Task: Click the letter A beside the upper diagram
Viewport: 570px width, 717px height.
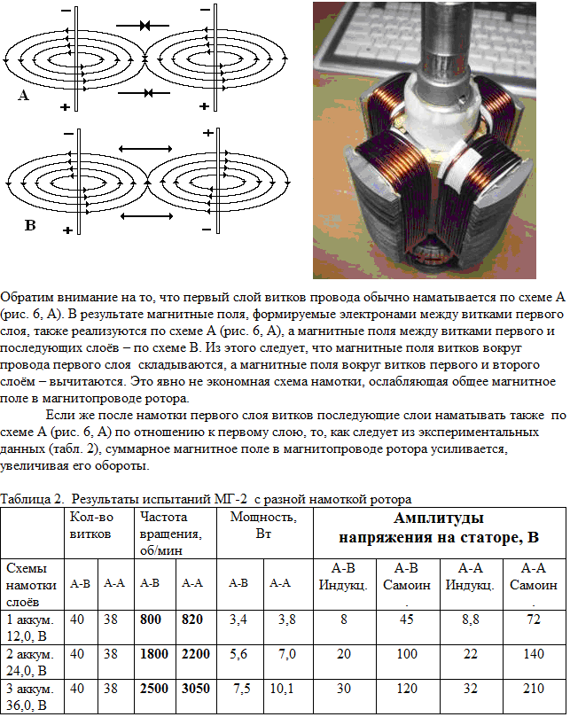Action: (24, 95)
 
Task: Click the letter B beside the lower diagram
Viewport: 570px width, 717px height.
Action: (29, 225)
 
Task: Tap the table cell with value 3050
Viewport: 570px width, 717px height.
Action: (196, 690)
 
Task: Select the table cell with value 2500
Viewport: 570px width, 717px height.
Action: (155, 690)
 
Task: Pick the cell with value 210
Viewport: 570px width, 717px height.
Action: (532, 690)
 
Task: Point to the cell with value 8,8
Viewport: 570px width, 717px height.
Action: (470, 620)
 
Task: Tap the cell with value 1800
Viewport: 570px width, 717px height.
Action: (155, 655)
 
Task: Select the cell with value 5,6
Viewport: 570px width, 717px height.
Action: (238, 655)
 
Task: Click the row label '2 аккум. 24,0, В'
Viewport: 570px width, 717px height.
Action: (30, 663)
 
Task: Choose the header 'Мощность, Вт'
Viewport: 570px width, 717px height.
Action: (264, 525)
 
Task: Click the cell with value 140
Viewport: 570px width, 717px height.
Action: (532, 655)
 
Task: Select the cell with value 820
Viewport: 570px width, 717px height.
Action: (196, 620)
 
